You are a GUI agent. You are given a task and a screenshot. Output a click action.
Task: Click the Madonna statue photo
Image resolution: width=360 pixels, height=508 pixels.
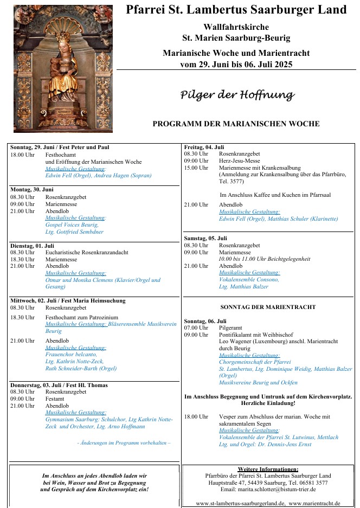63,69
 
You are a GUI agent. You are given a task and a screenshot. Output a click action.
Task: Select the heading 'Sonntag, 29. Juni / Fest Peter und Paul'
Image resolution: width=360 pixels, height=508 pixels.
60,147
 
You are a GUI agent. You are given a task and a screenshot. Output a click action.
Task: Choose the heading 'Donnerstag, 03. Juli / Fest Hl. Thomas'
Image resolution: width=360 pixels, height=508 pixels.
59,385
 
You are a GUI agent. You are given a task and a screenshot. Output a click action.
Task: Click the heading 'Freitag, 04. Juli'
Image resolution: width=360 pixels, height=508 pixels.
204,147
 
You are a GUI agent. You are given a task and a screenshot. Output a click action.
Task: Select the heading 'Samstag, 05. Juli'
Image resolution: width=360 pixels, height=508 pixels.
205,238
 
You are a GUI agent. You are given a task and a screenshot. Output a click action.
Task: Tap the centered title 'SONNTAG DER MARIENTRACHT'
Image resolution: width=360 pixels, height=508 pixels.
268,307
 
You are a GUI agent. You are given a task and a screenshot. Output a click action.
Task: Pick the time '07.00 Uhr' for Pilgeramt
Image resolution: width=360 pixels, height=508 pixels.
196,328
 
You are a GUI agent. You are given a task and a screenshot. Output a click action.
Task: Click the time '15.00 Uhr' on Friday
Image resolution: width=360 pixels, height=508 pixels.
196,168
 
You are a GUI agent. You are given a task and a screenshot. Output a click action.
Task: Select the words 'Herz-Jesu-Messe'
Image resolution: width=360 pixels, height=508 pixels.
240,161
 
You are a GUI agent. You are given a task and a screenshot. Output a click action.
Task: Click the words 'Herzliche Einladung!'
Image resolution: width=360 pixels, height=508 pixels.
269,403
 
